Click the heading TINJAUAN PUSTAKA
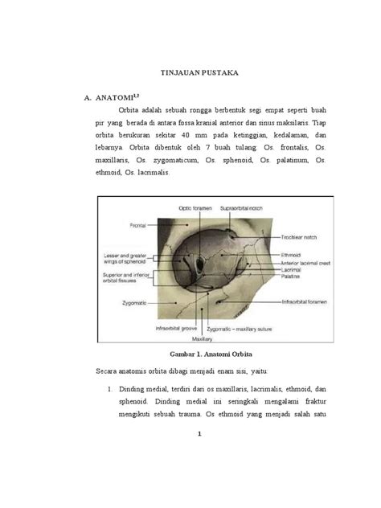[x=190, y=73]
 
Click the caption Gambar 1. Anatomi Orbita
[x=190, y=354]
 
